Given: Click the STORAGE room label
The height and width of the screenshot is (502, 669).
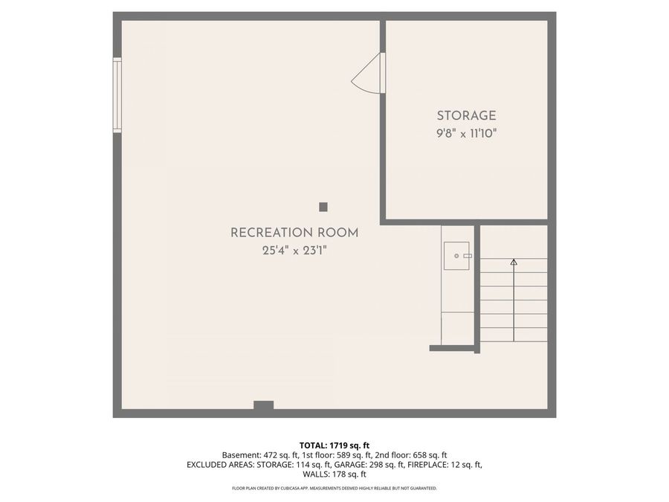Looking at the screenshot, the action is click(466, 116).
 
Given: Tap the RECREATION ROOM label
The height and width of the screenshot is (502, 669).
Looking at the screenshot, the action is click(294, 233).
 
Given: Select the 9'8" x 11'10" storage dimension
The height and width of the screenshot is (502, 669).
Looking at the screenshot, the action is click(466, 134).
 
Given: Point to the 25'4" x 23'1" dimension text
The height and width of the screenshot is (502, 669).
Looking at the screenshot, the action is click(294, 251).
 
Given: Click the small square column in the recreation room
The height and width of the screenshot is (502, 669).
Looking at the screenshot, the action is click(323, 207).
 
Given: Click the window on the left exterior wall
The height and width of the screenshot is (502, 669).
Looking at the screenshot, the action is click(117, 94).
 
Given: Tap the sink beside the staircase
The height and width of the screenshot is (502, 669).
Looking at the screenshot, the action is click(456, 256).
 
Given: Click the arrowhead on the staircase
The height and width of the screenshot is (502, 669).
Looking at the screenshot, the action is click(514, 262).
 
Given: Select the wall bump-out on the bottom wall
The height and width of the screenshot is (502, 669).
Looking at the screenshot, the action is click(264, 405).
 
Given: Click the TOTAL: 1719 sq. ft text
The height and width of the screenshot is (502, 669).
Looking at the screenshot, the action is click(334, 445).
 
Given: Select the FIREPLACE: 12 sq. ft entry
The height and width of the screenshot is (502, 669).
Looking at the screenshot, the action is click(445, 464).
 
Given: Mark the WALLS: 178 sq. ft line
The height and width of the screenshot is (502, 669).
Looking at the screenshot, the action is click(334, 474).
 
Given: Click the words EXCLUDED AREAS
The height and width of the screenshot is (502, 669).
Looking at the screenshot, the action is click(220, 464).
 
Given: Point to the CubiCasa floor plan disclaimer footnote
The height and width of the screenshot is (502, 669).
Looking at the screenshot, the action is click(334, 488).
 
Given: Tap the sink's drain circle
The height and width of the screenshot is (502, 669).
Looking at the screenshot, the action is click(456, 256).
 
